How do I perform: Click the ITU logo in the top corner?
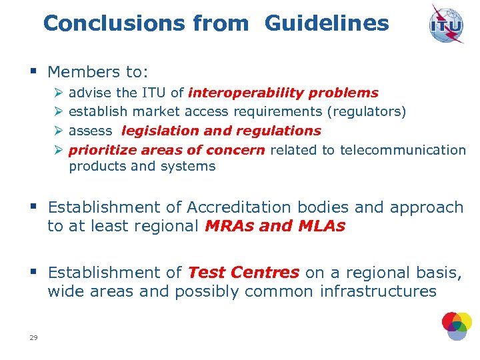[x=446, y=23]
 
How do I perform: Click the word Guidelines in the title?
[x=327, y=24]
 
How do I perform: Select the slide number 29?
[x=33, y=338]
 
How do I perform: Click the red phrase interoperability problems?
[x=283, y=93]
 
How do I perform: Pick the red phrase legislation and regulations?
[x=221, y=131]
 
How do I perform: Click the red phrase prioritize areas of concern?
[x=167, y=150]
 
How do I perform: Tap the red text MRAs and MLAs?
[x=275, y=226]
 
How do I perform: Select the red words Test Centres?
[x=243, y=273]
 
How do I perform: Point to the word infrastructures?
[x=378, y=291]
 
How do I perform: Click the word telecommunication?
[x=403, y=150]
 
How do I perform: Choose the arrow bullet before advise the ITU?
[x=58, y=93]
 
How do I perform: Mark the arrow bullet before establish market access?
[x=58, y=112]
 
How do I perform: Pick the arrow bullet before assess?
[x=58, y=131]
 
